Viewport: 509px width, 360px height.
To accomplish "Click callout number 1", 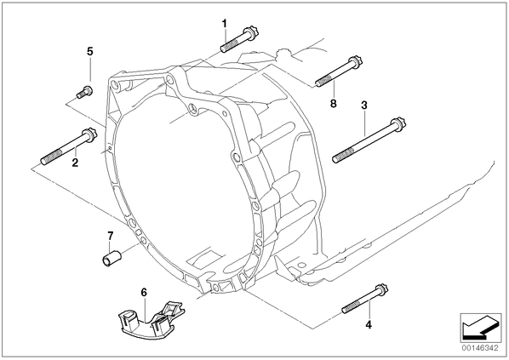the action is click(224, 24).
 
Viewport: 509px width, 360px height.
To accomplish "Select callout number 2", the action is click(75, 163).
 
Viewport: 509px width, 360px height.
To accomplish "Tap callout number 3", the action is click(364, 106).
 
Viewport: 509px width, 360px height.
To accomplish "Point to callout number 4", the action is click(369, 324).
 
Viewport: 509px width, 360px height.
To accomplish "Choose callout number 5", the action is click(90, 51).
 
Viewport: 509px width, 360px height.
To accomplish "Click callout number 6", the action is click(144, 292).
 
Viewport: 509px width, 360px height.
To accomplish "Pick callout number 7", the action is click(111, 235).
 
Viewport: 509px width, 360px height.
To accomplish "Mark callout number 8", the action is click(334, 104).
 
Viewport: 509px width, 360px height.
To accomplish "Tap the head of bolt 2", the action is click(89, 135).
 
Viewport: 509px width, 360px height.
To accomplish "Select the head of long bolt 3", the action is click(399, 124).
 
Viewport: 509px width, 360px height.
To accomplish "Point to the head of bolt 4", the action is click(381, 290).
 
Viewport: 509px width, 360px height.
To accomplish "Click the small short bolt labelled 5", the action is click(84, 91).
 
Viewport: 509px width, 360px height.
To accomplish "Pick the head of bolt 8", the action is click(355, 61).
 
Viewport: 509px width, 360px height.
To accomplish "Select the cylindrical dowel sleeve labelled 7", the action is click(112, 257).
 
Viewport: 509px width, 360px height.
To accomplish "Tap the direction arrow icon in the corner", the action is click(481, 329).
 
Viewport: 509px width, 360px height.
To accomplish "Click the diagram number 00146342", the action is click(480, 348).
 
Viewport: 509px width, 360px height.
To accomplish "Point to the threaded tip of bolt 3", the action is click(336, 159).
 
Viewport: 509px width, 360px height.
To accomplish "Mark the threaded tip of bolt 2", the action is click(44, 161).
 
